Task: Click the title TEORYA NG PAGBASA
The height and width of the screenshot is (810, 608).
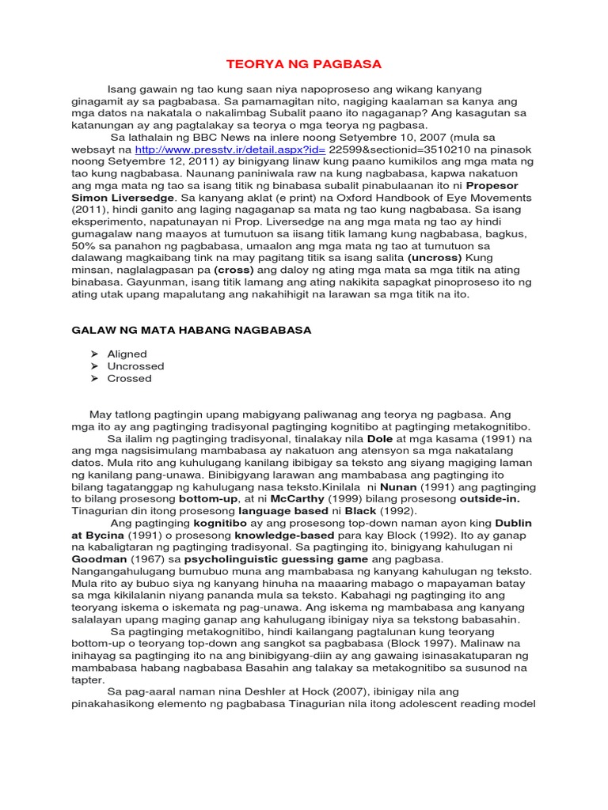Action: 303,64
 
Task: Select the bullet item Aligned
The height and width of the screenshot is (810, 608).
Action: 127,354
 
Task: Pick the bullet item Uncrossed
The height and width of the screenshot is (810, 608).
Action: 135,366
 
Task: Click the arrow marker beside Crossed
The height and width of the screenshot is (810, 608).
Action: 94,378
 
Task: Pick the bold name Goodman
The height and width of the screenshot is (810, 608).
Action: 100,560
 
